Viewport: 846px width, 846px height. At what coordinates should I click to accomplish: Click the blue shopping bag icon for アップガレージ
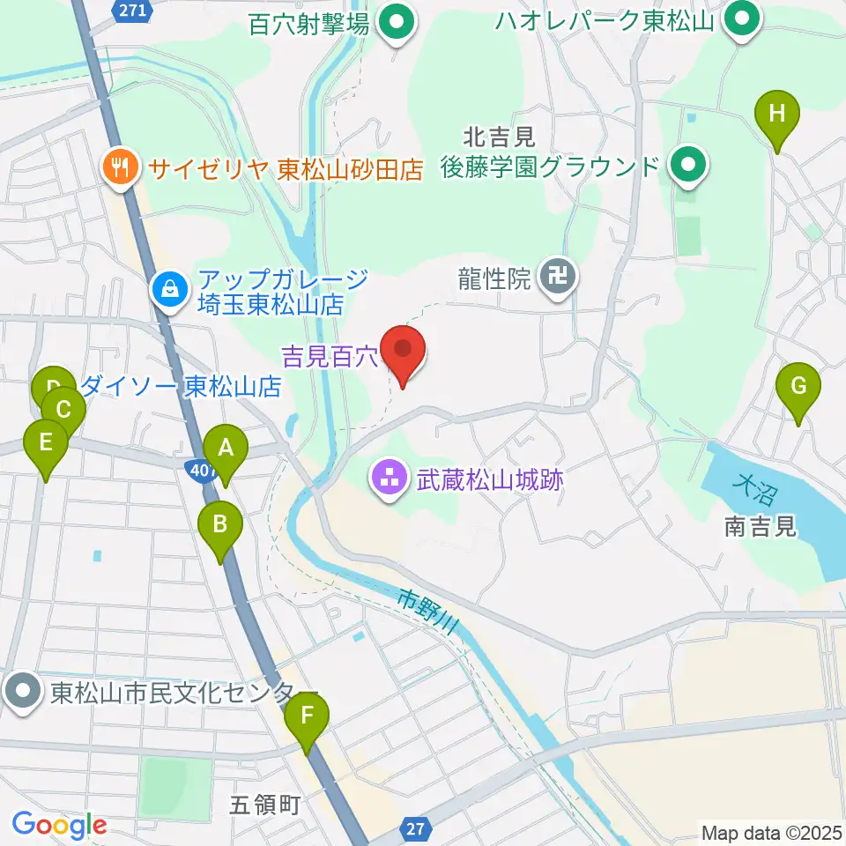tap(167, 287)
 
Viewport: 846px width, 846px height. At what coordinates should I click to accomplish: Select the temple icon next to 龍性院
tap(558, 278)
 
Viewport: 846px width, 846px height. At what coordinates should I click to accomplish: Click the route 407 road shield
tap(203, 472)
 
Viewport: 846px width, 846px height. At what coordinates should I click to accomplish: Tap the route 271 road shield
tap(131, 10)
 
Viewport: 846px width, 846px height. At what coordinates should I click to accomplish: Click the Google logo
tap(59, 826)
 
